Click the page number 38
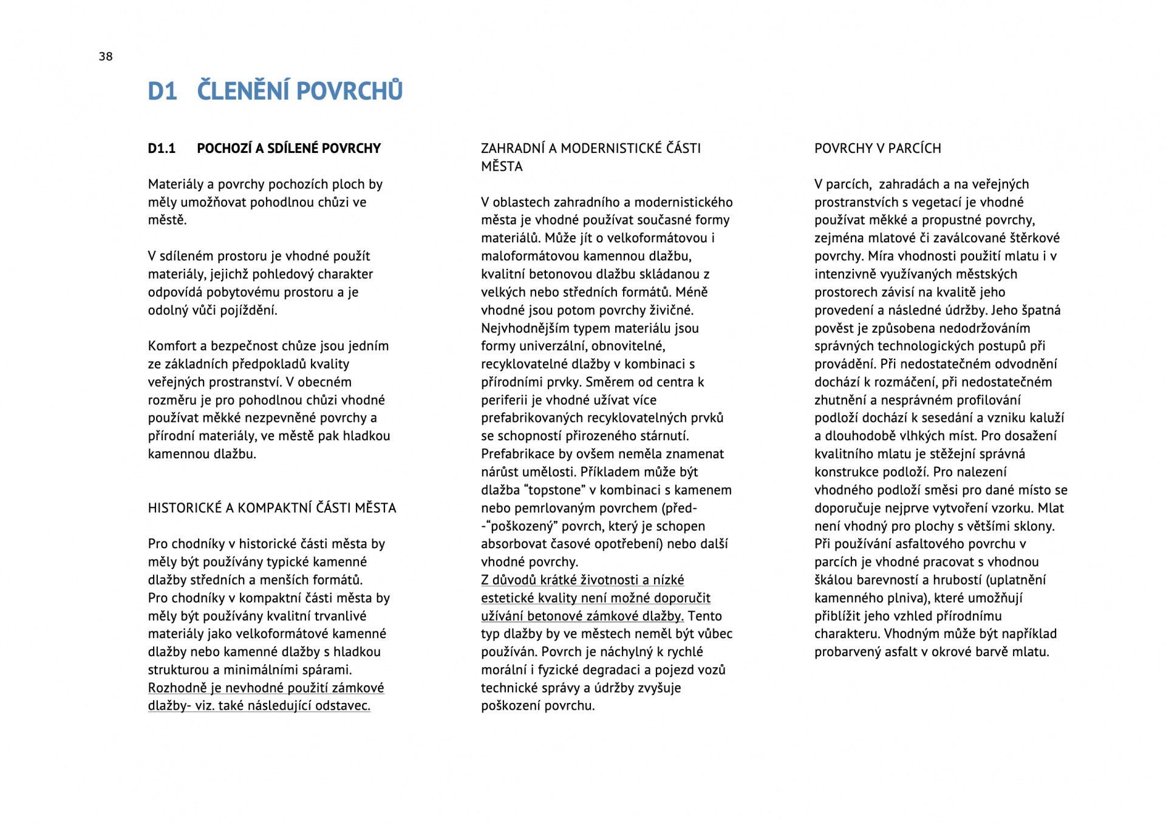(106, 56)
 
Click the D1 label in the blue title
(162, 91)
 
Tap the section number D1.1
(162, 149)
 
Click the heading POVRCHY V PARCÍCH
(878, 149)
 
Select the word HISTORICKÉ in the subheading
(185, 508)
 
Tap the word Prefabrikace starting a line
(518, 454)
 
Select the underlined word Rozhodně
(177, 688)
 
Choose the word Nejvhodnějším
(529, 328)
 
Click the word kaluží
(1046, 418)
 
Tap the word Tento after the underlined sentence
(704, 616)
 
